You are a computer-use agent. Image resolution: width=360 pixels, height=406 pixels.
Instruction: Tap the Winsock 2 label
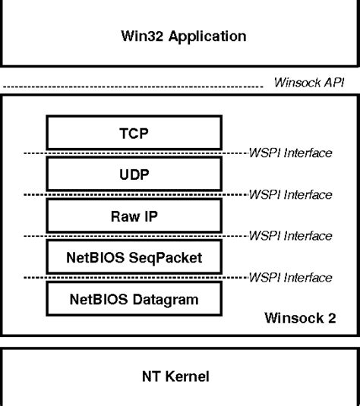[299, 318]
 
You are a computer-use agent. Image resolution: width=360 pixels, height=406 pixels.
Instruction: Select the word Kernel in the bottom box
[192, 376]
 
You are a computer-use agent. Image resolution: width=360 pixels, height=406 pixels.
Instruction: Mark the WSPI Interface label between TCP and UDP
[290, 153]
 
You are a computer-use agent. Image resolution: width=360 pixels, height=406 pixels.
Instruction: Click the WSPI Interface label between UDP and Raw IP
[290, 195]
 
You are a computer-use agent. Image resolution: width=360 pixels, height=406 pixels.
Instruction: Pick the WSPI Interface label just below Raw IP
[290, 236]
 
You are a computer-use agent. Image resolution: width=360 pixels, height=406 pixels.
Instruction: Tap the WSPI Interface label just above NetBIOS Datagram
[290, 278]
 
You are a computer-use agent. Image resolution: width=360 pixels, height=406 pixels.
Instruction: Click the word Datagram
[166, 299]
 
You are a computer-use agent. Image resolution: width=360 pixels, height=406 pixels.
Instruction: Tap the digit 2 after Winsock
[331, 318]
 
